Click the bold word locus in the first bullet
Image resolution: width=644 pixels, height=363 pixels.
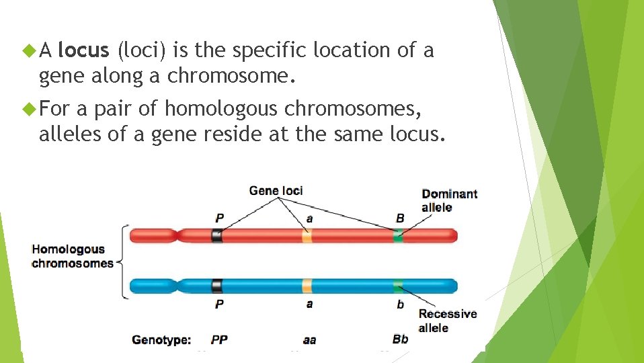coord(83,50)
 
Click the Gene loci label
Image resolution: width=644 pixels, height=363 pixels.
coord(276,190)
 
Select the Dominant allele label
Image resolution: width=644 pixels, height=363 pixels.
coord(449,200)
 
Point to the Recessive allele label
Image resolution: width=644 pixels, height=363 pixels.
coord(447,321)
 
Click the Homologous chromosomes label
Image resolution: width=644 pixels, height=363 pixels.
coord(73,256)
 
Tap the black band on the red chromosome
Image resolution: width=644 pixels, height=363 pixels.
coord(216,235)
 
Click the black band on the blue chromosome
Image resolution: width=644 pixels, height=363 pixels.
coord(216,286)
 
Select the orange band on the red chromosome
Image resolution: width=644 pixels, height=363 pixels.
coord(307,235)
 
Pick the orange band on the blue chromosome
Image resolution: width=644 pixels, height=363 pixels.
coord(307,286)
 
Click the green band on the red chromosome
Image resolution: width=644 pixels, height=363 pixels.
coord(399,235)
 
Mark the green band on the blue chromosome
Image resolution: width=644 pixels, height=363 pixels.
coord(399,286)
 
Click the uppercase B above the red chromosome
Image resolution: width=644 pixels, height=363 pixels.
coord(400,218)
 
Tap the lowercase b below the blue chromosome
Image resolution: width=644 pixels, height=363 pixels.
coord(401,305)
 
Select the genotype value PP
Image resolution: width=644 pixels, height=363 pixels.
coord(219,340)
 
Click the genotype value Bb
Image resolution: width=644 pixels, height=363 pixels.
coord(400,339)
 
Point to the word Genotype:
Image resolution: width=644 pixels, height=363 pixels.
coord(161,340)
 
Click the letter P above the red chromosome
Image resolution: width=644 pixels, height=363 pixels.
coord(219,218)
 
